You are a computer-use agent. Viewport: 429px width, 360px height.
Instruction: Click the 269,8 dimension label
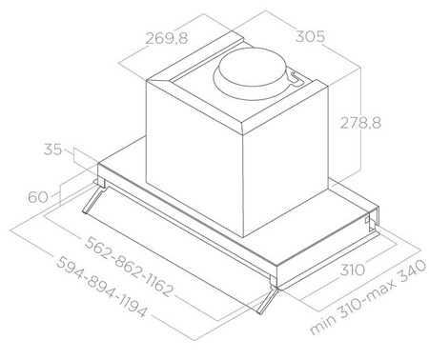[167, 38]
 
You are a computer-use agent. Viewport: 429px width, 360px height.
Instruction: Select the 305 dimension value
[310, 36]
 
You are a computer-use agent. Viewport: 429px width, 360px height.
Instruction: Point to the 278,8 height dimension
[360, 123]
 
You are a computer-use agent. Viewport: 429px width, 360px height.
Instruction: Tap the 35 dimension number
[53, 150]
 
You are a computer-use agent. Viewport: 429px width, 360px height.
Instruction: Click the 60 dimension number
[38, 197]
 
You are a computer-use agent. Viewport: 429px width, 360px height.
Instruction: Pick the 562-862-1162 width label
[130, 267]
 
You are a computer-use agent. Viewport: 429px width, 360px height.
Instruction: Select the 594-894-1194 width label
[101, 287]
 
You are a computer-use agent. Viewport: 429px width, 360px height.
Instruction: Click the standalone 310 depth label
[353, 270]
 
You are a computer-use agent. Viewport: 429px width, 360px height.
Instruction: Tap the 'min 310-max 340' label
[368, 297]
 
